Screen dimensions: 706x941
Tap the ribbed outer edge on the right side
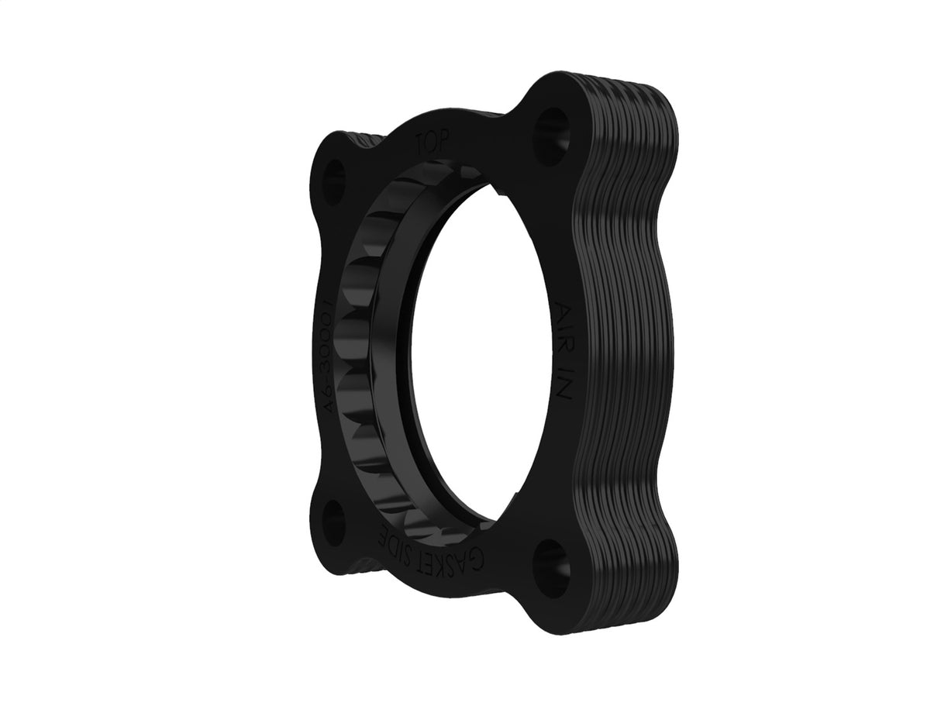(x=628, y=349)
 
